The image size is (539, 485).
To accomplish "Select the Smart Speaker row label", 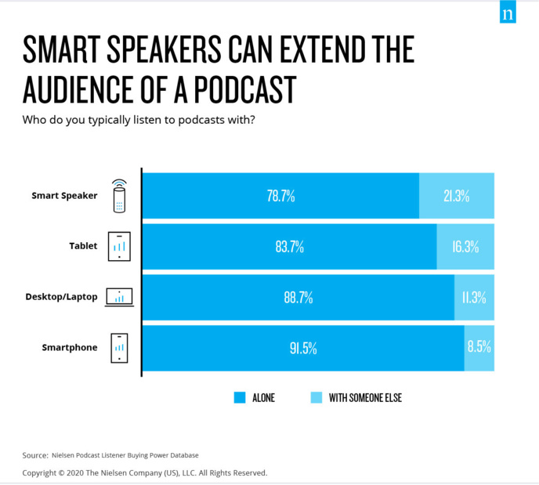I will point(64,196).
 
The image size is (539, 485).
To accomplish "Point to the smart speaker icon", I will point(119,196).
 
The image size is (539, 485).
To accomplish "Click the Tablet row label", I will point(83,246).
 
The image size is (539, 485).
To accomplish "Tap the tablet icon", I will point(119,247).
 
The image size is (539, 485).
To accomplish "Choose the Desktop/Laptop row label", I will point(61,297).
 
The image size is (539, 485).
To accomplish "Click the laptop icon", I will point(119,297).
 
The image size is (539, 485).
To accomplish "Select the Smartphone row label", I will point(70,347).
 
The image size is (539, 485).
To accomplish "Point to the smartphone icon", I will point(119,348).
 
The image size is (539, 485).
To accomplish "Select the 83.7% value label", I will point(289,247).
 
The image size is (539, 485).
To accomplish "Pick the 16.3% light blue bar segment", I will point(465,247).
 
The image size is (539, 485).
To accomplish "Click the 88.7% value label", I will point(298,298).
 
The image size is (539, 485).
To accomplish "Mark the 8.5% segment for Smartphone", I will point(479,348).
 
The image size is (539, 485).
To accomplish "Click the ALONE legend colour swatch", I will point(241,398).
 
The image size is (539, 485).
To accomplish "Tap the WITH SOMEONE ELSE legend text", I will point(365,398).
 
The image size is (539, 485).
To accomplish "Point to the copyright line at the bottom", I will point(145,472).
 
